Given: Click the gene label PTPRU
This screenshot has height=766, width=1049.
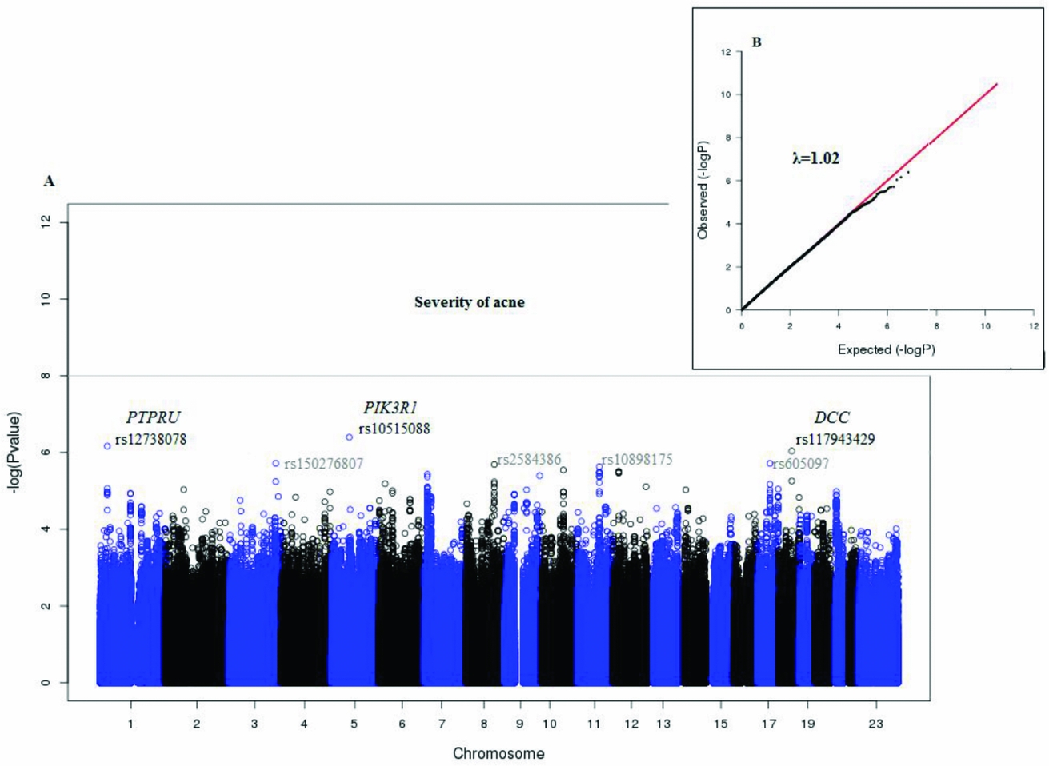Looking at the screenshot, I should pos(153,417).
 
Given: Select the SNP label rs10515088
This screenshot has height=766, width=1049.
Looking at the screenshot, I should pos(394,429).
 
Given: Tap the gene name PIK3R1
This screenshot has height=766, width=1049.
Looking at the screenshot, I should pos(390,409).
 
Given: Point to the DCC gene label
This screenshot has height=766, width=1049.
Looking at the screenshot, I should pos(831,417).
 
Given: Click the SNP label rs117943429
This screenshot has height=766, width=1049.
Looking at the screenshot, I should pos(835,440).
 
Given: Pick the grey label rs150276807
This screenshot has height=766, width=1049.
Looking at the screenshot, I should pos(324,465).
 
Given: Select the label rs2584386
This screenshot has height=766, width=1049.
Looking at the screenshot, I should pos(529,460).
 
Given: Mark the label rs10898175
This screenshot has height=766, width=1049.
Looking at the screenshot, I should pos(637,460).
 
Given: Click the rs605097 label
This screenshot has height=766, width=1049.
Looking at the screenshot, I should pos(800,464).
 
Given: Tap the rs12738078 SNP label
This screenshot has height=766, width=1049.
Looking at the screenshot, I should pos(150,440).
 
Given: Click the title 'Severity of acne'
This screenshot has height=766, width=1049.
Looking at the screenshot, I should pos(469,302).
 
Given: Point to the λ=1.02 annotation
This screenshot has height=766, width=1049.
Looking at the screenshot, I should pos(815,158).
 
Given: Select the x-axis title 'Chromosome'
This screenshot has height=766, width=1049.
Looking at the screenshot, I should pos(498,753).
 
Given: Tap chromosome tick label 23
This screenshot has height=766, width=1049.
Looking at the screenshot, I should pos(876,724).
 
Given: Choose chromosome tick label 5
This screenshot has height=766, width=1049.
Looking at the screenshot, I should pos(354,724).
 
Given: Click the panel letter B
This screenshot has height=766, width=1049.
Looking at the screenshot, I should pos(756,42).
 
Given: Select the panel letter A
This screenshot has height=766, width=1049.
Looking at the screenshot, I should pos(50,182).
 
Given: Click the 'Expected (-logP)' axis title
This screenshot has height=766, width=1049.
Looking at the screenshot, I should pos(886,349).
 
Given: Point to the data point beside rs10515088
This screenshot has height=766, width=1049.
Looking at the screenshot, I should pos(350,437).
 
